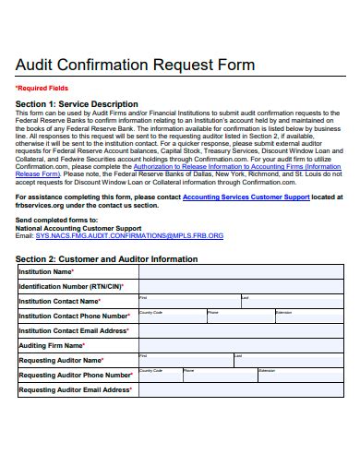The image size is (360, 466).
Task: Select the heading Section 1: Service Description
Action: (77, 103)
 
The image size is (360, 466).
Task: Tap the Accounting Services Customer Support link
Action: (246, 196)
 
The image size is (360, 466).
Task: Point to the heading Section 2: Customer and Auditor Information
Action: (106, 259)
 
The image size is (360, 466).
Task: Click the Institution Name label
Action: (46, 272)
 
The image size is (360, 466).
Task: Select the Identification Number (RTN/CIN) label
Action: (66, 286)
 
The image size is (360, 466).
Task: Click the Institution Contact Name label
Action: (60, 301)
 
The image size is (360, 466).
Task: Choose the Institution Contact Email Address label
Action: (74, 330)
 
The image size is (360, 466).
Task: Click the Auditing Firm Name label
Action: (52, 345)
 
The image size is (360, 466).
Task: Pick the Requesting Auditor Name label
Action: (61, 360)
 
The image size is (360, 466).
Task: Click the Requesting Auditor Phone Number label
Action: (76, 375)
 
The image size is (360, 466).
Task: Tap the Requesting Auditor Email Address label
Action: (75, 389)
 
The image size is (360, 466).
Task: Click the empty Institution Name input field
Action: (240, 272)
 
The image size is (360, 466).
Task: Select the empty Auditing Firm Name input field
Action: (240, 345)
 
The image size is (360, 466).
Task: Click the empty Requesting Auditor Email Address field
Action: (240, 389)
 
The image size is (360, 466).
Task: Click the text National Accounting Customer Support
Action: (78, 228)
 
